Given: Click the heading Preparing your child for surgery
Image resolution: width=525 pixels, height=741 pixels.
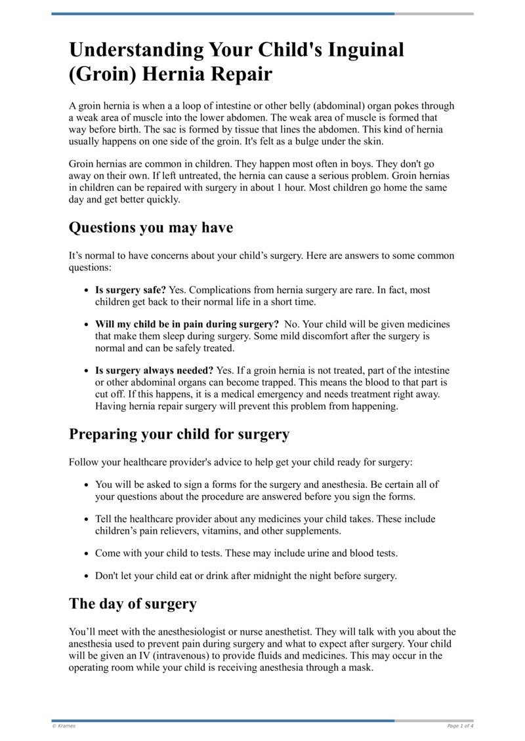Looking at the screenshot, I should click(x=179, y=434).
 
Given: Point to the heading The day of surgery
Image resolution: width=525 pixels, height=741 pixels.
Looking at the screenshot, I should click(x=133, y=604).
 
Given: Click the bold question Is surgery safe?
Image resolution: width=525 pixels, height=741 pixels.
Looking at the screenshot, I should click(x=131, y=290).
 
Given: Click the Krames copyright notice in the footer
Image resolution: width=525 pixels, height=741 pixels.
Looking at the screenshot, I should click(x=64, y=726).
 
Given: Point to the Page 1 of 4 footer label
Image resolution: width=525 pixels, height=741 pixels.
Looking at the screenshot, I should click(x=460, y=726).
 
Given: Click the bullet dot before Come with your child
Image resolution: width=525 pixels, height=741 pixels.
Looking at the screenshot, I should click(x=87, y=553).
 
